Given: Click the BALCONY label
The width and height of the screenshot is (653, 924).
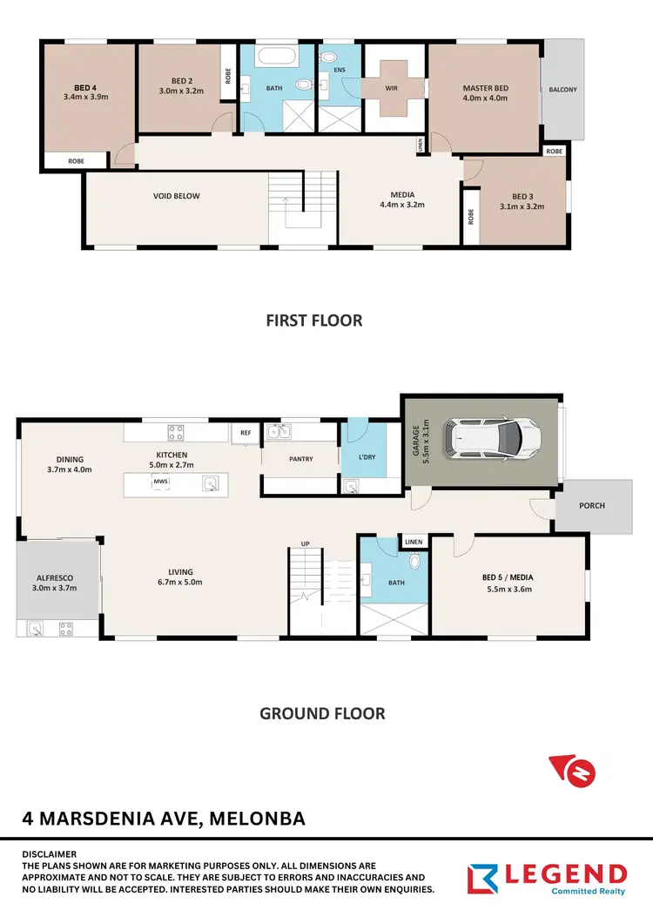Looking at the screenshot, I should point(562,89).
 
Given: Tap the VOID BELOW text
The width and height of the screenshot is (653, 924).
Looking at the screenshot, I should point(177,196).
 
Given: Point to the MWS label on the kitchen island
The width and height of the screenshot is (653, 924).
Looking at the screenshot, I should point(160,481).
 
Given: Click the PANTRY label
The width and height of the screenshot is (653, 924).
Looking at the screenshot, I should point(300,459).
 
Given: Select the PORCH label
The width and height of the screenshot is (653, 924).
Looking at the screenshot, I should point(592,505).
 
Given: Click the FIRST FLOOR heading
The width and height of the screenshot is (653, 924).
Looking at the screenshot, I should point(314,320).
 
